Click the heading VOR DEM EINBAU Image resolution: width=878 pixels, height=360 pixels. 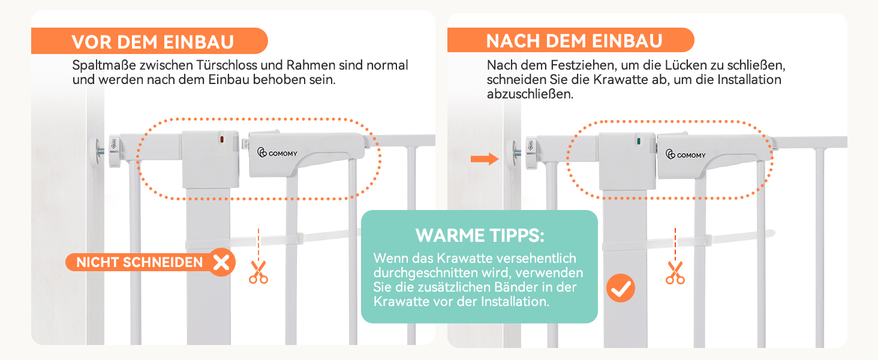[x=153, y=42]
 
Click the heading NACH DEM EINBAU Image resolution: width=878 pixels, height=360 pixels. [x=574, y=41]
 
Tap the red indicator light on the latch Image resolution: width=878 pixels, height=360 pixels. [x=221, y=139]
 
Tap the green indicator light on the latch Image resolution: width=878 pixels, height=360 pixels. [x=639, y=141]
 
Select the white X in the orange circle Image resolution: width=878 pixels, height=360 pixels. [x=221, y=262]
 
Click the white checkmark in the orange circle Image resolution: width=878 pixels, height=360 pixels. [x=621, y=289]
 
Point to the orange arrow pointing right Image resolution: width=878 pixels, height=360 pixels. [x=485, y=159]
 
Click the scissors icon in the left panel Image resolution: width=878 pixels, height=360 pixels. [x=258, y=272]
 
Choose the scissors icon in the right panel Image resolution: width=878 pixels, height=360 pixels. [x=675, y=272]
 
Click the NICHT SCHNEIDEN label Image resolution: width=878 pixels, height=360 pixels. [x=140, y=262]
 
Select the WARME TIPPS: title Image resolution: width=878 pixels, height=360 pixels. [x=480, y=235]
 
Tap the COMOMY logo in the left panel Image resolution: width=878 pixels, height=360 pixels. [x=277, y=153]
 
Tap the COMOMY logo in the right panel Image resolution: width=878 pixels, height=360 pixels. [x=685, y=155]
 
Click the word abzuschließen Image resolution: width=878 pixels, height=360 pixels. [x=530, y=94]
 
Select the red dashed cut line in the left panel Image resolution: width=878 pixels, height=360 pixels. [x=258, y=243]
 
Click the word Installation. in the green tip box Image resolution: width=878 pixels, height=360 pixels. [x=515, y=302]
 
